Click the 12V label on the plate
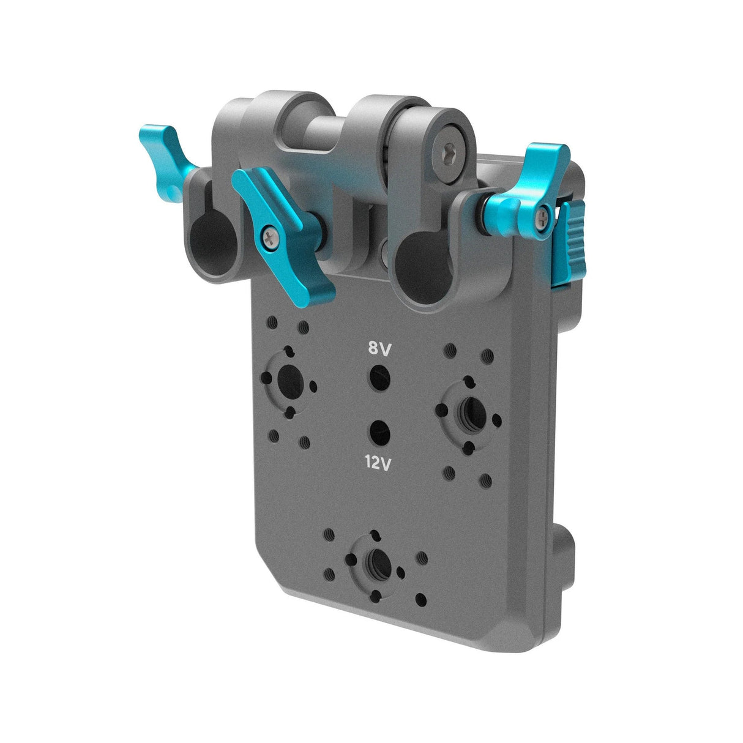coord(378,464)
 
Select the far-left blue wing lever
coord(163,153)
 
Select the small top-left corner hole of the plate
coord(271,321)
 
